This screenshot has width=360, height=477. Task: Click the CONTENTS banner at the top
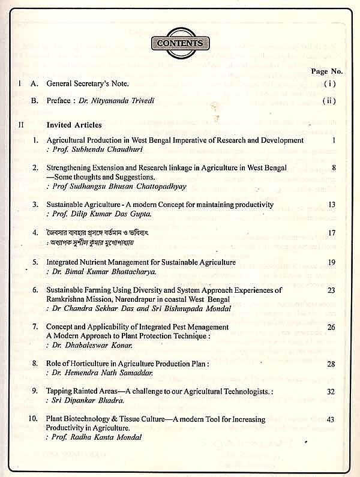click(181, 43)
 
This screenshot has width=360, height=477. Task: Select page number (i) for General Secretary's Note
click(328, 84)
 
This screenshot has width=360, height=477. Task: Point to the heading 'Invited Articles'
click(74, 125)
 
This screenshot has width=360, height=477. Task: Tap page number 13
click(331, 205)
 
